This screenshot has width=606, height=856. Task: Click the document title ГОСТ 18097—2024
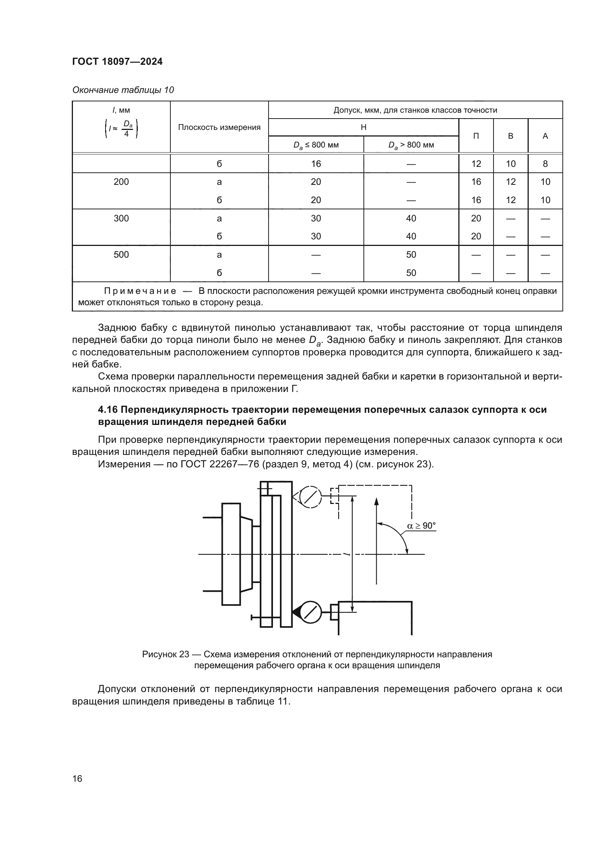pos(117,61)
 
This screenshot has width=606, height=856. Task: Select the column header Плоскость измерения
pos(219,127)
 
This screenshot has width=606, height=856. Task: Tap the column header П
pos(476,136)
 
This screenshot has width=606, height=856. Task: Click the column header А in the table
pos(545,136)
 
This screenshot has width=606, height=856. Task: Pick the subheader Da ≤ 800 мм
pos(316,145)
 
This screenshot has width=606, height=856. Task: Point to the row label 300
pos(121,218)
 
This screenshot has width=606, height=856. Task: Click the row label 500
pos(121,255)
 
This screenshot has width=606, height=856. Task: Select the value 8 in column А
pos(545,164)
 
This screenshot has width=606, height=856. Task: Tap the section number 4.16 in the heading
pos(107,410)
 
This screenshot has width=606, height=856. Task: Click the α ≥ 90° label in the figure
pos(421,526)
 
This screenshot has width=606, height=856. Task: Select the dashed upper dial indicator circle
pos(310,497)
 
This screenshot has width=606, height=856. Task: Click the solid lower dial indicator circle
pos(310,612)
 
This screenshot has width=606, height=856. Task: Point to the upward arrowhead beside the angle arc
pos(376,501)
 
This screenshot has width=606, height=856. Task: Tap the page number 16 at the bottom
pos(77,778)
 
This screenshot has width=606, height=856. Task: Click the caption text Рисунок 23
pos(165,654)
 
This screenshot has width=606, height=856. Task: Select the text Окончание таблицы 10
pos(123,90)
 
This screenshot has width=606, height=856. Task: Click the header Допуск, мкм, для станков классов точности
pos(415,110)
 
